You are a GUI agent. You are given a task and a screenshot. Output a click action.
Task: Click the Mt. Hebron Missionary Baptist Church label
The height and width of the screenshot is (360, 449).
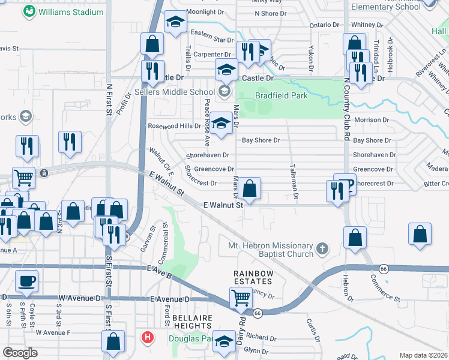[271, 250]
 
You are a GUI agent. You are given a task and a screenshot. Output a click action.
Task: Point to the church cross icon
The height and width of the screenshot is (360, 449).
[322, 247]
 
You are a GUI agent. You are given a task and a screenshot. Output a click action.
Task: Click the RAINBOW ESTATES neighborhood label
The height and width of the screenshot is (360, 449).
[253, 278]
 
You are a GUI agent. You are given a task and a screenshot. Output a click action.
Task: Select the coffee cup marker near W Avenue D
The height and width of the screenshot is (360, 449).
[26, 281]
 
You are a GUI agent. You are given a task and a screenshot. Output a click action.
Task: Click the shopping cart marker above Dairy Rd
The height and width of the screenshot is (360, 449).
[241, 296]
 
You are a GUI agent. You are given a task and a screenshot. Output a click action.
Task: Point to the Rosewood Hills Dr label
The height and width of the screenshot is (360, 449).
[174, 126]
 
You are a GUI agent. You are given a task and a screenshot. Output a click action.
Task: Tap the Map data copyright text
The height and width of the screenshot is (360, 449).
[423, 355]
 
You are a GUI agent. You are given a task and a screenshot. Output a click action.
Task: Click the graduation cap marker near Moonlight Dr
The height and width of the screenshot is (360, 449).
[175, 23]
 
